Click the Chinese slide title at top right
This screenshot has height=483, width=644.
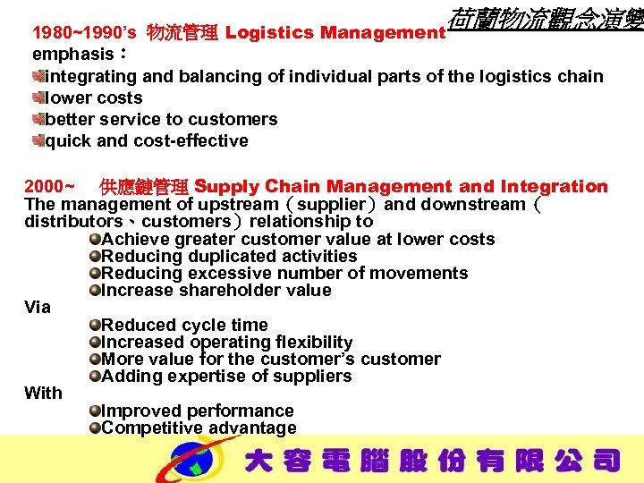click(546, 17)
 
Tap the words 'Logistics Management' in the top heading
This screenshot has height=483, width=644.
click(335, 33)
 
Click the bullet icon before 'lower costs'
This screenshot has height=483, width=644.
click(38, 97)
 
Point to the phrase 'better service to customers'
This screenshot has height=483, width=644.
click(161, 119)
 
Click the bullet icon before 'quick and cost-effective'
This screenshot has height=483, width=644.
click(38, 140)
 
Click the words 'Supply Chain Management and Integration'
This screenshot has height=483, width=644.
click(401, 187)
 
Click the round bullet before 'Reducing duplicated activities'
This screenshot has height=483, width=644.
click(95, 257)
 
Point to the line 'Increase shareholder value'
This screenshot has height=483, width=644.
click(216, 291)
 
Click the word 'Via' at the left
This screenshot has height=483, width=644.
click(38, 308)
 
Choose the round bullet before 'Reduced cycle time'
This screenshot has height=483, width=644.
click(95, 325)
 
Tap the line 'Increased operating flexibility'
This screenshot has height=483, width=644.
click(227, 343)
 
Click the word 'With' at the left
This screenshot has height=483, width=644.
click(43, 393)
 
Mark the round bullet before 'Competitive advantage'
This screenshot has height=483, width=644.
click(95, 428)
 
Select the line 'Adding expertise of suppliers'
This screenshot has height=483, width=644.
click(226, 377)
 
